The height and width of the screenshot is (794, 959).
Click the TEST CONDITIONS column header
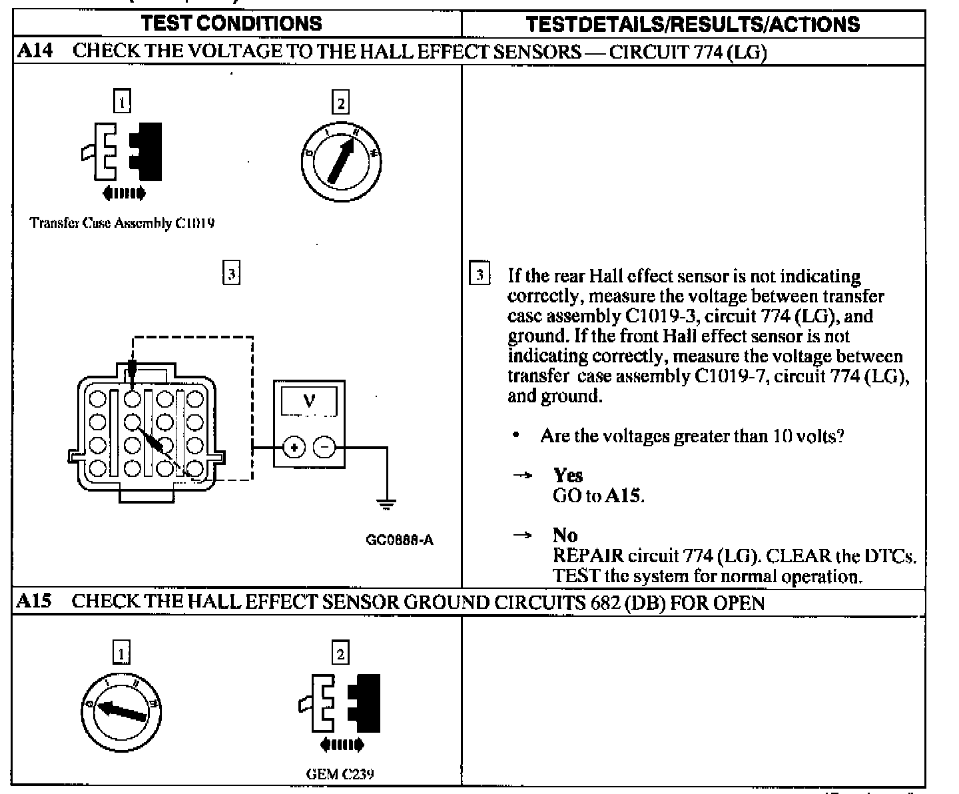pyautogui.click(x=232, y=24)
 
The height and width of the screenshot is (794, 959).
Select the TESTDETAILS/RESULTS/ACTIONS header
pyautogui.click(x=693, y=25)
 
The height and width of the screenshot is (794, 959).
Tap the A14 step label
pyautogui.click(x=35, y=51)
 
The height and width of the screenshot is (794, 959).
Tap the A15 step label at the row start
pyautogui.click(x=33, y=602)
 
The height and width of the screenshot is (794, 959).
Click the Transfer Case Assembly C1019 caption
pyautogui.click(x=123, y=223)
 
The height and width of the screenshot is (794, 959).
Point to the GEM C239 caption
pyautogui.click(x=340, y=774)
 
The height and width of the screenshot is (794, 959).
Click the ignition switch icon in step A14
pyautogui.click(x=340, y=159)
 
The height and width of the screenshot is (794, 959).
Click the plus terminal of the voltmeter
pyautogui.click(x=293, y=448)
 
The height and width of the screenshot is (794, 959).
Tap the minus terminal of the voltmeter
pyautogui.click(x=325, y=448)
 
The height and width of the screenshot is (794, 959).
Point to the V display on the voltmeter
pyautogui.click(x=309, y=402)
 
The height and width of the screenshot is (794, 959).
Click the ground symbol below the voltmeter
pyautogui.click(x=387, y=504)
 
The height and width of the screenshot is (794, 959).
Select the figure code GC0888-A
pyautogui.click(x=400, y=540)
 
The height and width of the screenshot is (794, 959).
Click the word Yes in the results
pyautogui.click(x=567, y=476)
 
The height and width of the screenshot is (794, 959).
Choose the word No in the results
pyautogui.click(x=565, y=536)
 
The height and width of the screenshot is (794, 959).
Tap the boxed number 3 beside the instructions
pyautogui.click(x=480, y=274)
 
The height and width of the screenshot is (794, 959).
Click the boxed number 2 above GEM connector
pyautogui.click(x=340, y=653)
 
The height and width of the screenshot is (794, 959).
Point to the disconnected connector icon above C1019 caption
pyautogui.click(x=123, y=152)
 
